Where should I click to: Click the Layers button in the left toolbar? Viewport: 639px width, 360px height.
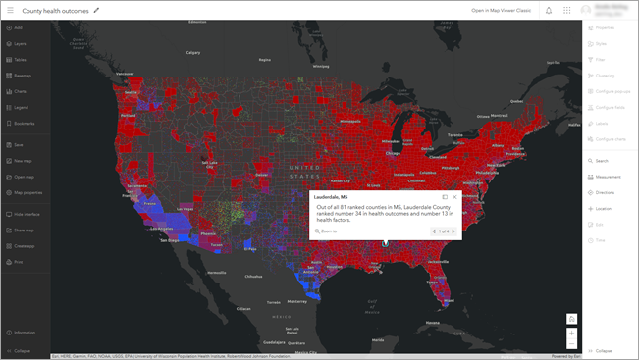click(x=20, y=44)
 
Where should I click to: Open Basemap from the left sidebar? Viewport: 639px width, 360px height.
click(x=22, y=76)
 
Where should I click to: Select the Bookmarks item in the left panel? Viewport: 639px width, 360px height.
click(x=24, y=123)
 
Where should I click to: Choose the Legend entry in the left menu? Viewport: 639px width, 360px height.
click(x=21, y=107)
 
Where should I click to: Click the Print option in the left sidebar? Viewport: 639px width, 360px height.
click(x=18, y=262)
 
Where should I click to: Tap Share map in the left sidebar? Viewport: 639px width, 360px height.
click(x=24, y=230)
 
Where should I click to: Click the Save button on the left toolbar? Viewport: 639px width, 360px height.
click(x=18, y=144)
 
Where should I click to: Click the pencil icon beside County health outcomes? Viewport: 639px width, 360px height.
click(x=96, y=10)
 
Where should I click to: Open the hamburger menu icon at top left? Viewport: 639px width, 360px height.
click(x=10, y=10)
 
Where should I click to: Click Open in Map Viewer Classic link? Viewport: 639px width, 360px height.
click(x=501, y=10)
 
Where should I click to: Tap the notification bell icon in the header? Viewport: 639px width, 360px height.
click(x=549, y=10)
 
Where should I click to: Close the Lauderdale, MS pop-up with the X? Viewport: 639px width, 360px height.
click(x=454, y=197)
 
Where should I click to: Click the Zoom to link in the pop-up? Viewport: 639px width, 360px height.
click(x=328, y=231)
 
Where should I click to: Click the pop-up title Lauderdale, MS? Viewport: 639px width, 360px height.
click(x=331, y=197)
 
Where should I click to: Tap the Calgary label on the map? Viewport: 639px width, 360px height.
click(x=192, y=52)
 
